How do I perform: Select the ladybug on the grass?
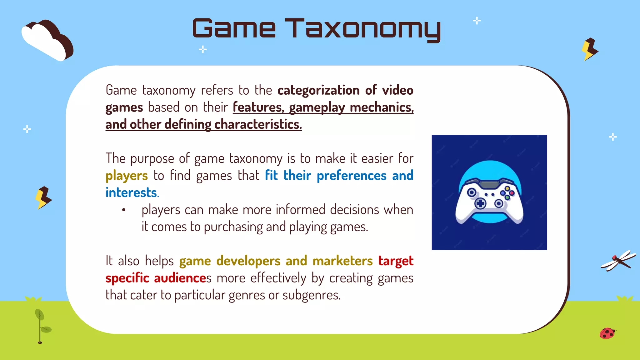point(607,333)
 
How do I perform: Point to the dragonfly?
point(618,260)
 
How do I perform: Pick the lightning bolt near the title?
point(589,49)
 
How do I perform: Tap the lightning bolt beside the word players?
point(43,197)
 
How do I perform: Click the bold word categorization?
point(318,90)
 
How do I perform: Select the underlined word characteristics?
point(258,124)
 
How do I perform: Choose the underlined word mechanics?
point(382,107)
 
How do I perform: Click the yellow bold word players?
point(127,176)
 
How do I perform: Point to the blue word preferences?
point(352,176)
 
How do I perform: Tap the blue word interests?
point(131,193)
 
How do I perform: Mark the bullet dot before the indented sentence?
point(124,210)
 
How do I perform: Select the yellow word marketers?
point(342,261)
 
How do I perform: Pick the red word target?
point(396,261)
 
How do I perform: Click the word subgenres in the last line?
point(311,295)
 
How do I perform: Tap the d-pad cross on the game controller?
point(480,204)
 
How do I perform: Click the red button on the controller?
point(512,193)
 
